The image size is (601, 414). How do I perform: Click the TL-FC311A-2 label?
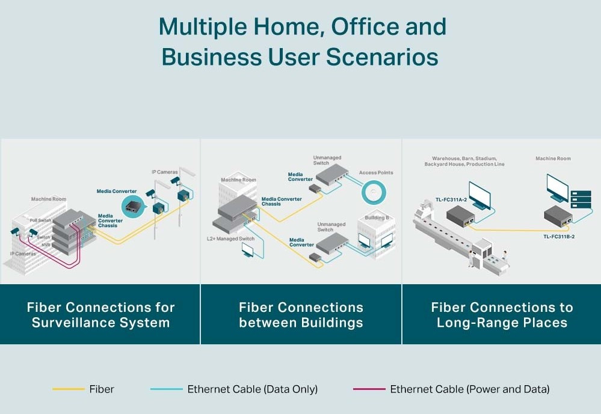451,199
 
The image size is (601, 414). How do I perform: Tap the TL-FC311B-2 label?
559,237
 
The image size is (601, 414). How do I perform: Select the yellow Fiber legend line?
68,389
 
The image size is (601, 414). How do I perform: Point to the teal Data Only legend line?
166,389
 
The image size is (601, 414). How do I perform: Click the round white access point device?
373,192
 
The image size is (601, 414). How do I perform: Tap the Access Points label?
376,173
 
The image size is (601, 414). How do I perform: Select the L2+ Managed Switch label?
230,239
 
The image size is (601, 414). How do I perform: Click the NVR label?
46,245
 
